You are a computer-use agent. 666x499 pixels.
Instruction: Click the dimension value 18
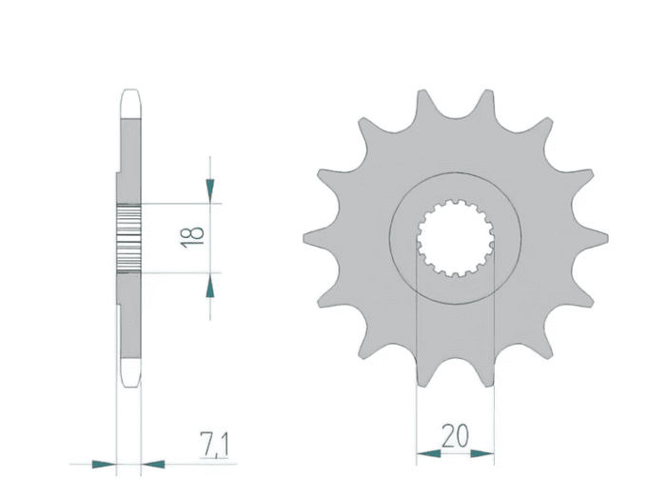click(192, 238)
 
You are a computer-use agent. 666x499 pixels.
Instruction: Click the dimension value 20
click(455, 435)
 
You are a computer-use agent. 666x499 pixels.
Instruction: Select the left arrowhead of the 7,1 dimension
click(104, 464)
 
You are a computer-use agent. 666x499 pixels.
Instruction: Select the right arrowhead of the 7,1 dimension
click(153, 464)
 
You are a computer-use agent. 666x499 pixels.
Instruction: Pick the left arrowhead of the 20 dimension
click(428, 454)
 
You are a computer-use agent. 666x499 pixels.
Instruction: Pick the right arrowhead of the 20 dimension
click(482, 454)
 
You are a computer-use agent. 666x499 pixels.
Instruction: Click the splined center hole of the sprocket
click(456, 238)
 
